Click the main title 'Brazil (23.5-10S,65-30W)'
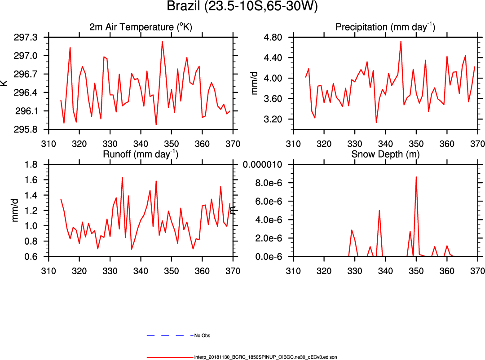(x=242, y=7)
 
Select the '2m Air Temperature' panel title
(x=141, y=27)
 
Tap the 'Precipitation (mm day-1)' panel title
(x=385, y=27)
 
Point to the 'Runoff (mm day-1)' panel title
(x=141, y=155)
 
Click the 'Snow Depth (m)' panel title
(x=385, y=155)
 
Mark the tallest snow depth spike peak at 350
(x=416, y=177)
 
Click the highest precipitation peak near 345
(x=401, y=41)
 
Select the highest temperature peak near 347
(x=162, y=41)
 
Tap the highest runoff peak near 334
(x=122, y=177)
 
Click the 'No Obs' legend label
(x=202, y=335)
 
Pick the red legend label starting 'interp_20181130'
(x=265, y=357)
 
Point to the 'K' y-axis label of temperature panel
(x=4, y=83)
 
